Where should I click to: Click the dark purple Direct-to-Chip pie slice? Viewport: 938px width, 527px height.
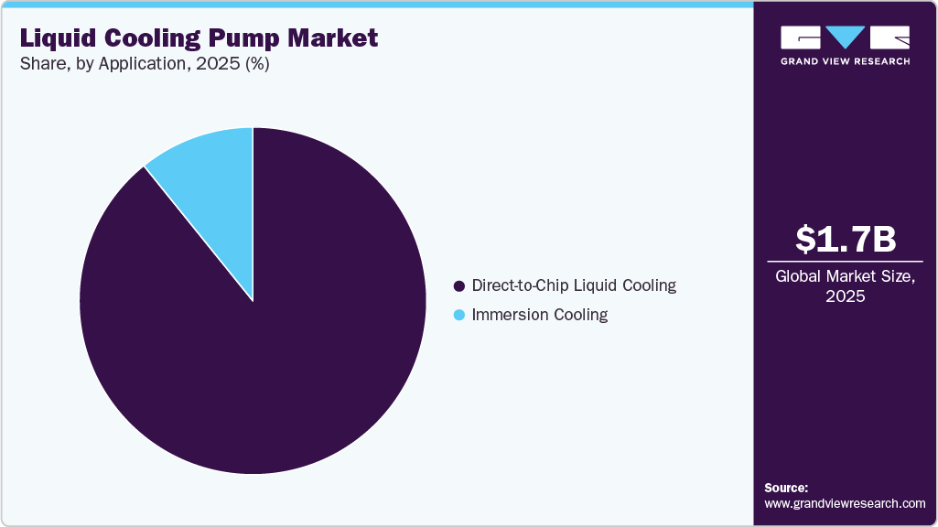265,348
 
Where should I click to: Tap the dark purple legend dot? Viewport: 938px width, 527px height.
459,285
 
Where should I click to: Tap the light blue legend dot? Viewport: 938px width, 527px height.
459,316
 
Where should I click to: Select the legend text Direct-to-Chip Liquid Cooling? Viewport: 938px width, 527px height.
574,285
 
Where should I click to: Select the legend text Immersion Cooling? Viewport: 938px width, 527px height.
539,316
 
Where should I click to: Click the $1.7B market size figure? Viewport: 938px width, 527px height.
845,240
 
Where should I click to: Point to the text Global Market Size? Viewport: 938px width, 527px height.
845,277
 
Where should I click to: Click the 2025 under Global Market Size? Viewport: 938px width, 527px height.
845,297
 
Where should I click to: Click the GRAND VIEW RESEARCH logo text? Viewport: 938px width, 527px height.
845,61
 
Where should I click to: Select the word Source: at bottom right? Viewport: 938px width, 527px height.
786,488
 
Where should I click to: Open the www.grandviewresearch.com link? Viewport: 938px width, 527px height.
845,503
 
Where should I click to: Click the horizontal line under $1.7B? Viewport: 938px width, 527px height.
845,262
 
